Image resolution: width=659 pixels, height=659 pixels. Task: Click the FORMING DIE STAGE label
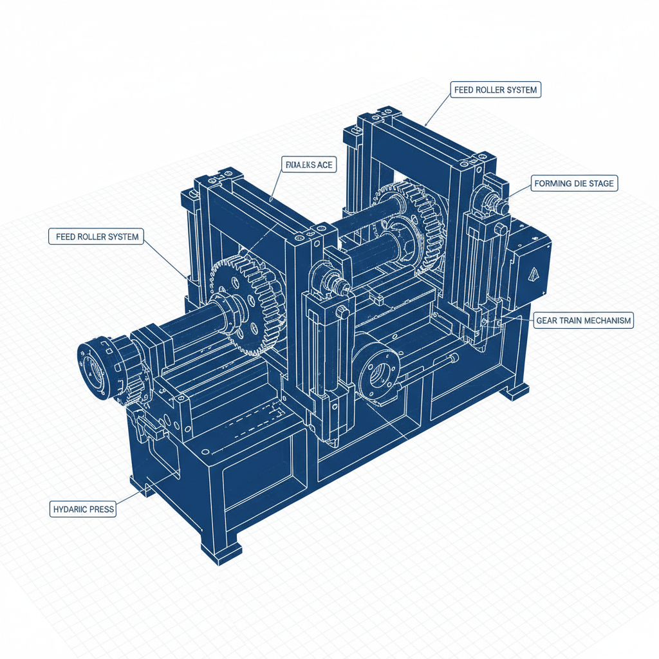pos(574,183)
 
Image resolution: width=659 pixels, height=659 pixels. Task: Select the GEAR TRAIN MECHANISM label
pos(584,320)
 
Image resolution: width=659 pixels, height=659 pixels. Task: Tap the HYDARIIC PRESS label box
pos(83,509)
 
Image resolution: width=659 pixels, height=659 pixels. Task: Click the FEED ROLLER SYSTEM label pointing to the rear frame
pos(495,90)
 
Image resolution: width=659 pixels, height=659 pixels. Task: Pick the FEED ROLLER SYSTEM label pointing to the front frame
pos(97,237)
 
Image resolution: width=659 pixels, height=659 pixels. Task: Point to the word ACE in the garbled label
pos(324,165)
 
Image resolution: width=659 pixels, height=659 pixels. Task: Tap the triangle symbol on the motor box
pos(534,275)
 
